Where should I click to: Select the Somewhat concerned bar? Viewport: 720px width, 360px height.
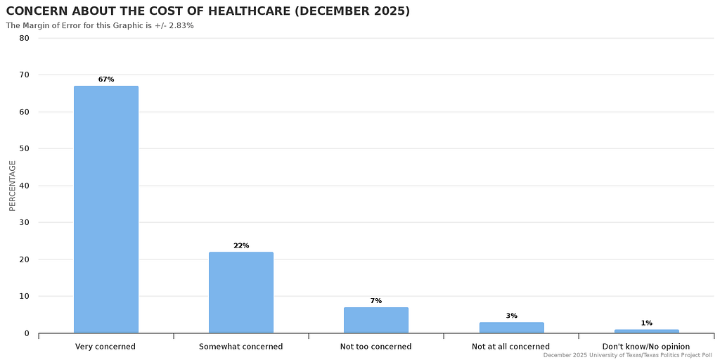click(x=241, y=292)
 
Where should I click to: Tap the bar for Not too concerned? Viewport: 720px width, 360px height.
click(x=376, y=320)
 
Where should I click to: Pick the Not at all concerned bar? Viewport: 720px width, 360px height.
click(x=511, y=328)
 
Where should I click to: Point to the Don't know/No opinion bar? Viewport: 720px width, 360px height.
click(x=646, y=331)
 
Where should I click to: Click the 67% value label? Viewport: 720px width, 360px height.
click(x=106, y=79)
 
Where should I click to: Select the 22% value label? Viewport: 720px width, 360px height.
click(x=241, y=245)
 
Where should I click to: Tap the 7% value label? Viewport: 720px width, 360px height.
click(x=376, y=301)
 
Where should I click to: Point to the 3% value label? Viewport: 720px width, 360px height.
click(x=511, y=316)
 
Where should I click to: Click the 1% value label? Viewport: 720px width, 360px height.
click(x=646, y=323)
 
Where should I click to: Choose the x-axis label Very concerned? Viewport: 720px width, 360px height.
click(x=105, y=347)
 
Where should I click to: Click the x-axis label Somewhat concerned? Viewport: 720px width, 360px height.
click(x=241, y=347)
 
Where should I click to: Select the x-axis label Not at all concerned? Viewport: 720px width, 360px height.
click(x=511, y=347)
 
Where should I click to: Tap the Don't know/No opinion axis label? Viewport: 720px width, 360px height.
click(x=646, y=347)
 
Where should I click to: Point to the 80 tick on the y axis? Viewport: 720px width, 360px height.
click(x=25, y=38)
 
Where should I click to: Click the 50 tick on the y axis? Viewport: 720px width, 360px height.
click(x=25, y=149)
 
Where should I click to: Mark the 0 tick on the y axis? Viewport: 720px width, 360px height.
click(x=27, y=333)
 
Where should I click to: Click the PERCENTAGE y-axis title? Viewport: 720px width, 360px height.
click(x=12, y=186)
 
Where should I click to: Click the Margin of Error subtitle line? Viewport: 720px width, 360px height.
click(x=100, y=25)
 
